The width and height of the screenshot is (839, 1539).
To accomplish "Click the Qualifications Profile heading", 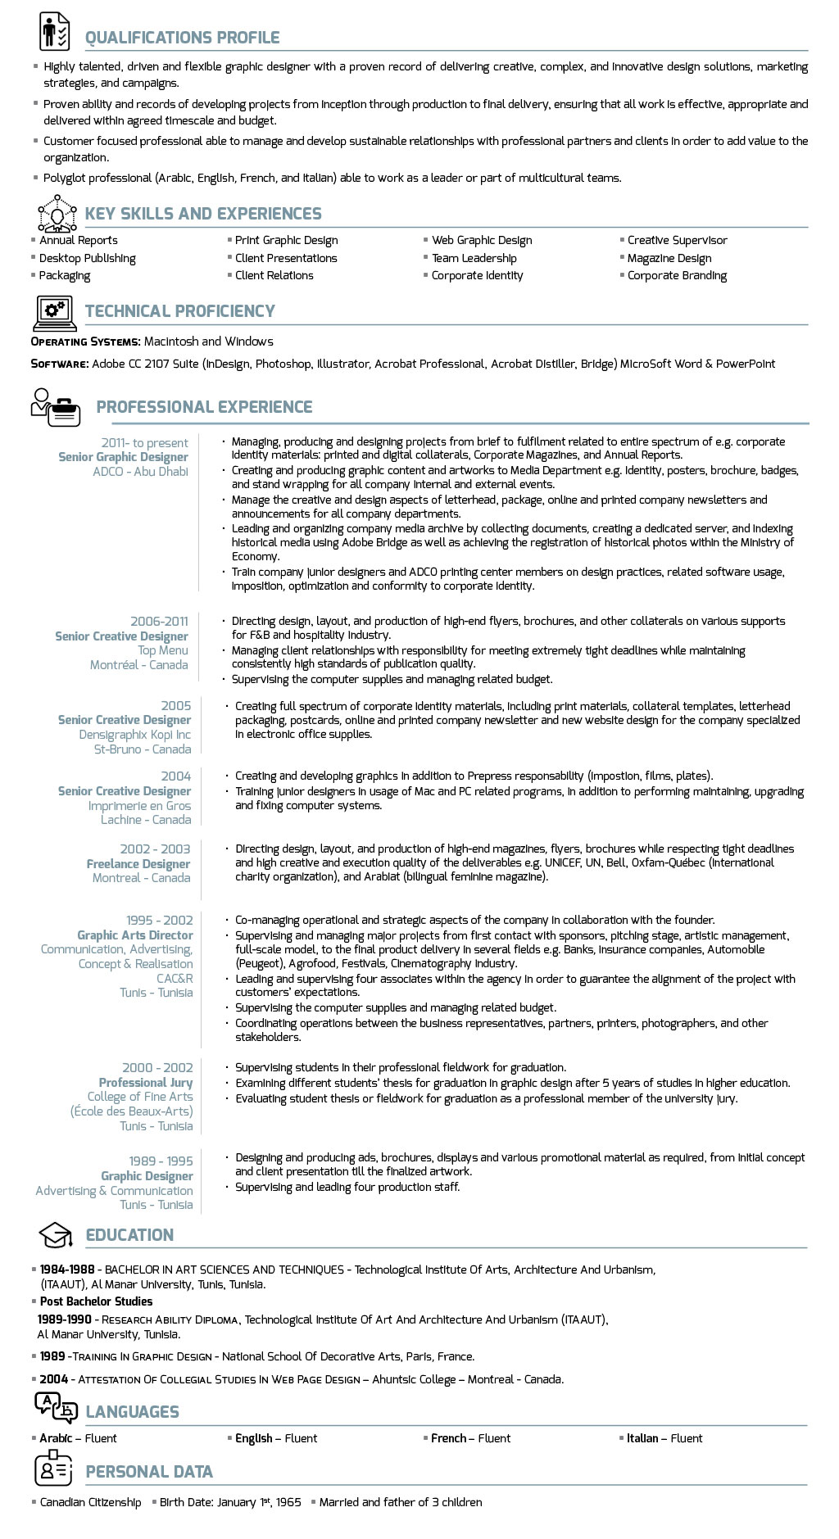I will [182, 38].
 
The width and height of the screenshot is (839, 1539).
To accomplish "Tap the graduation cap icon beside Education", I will [56, 1235].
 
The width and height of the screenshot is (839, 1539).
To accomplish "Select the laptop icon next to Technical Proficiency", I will [55, 312].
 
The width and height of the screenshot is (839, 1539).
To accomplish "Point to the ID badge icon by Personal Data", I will [54, 1469].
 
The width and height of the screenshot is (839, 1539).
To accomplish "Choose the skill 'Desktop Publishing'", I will [87, 258].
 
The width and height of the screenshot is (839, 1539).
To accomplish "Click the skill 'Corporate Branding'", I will [677, 275].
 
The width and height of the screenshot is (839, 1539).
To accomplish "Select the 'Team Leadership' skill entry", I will [474, 258].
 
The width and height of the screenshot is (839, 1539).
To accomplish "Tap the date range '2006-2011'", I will [159, 622].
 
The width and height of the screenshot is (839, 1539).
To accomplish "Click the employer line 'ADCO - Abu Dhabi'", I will [140, 472].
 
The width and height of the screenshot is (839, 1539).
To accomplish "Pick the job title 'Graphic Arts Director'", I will [135, 935].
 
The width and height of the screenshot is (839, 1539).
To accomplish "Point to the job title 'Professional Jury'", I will [146, 1083].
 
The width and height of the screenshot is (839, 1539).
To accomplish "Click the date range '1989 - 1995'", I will [161, 1161].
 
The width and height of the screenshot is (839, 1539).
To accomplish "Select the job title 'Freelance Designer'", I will [138, 864].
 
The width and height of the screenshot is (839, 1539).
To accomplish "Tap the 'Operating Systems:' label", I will [85, 342].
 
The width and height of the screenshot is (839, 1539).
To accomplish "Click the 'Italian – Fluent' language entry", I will [664, 1438].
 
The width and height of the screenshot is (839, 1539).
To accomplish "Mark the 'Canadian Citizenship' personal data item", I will [90, 1502].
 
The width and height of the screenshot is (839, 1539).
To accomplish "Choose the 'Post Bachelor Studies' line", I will [96, 1301].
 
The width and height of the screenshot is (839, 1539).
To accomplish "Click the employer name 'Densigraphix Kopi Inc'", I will [134, 735].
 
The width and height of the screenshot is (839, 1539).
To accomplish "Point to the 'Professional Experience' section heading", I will [204, 407].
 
